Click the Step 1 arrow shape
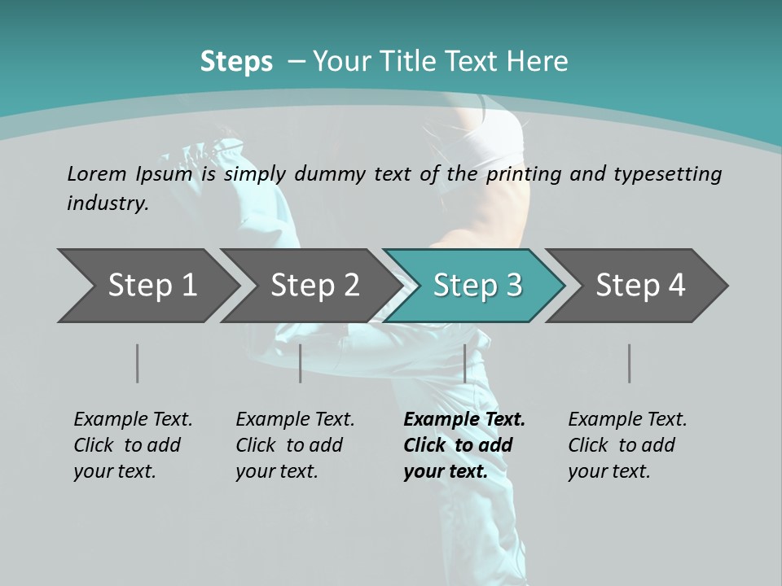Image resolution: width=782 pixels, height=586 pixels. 147,286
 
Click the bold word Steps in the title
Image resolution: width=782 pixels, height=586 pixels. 236,62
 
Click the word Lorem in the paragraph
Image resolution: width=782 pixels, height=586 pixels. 96,173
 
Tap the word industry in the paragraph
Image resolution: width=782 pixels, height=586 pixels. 107,203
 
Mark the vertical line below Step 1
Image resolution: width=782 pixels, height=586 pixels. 137,363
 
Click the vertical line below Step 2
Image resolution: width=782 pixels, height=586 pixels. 301,363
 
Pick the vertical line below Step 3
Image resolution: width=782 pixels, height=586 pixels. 464,363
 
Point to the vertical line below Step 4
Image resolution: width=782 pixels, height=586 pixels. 629,363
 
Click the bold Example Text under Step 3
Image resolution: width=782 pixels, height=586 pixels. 464,420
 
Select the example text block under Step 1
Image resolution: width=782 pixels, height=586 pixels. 133,445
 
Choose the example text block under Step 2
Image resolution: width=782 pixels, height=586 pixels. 295,445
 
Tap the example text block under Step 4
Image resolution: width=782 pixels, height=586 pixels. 627,445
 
